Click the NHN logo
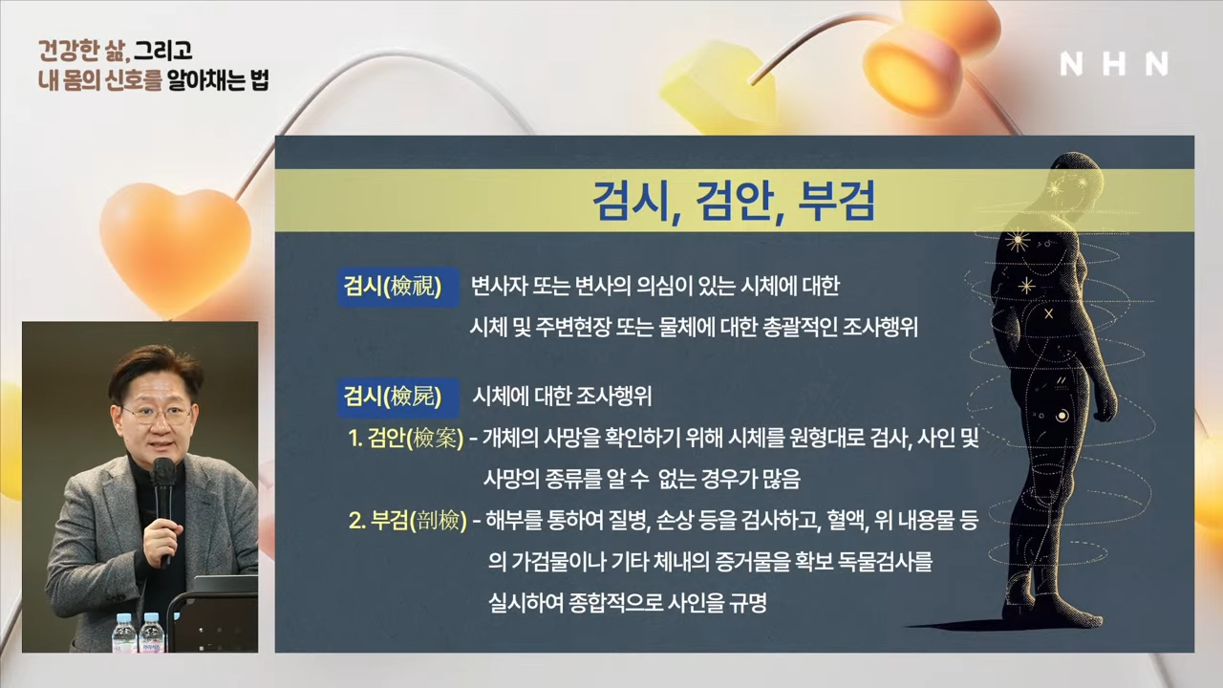tap(1114, 64)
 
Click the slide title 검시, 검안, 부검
tap(734, 201)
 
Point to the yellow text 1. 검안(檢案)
tap(406, 439)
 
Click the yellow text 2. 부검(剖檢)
tap(408, 521)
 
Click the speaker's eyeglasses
tap(155, 415)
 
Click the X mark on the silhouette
tap(1048, 314)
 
